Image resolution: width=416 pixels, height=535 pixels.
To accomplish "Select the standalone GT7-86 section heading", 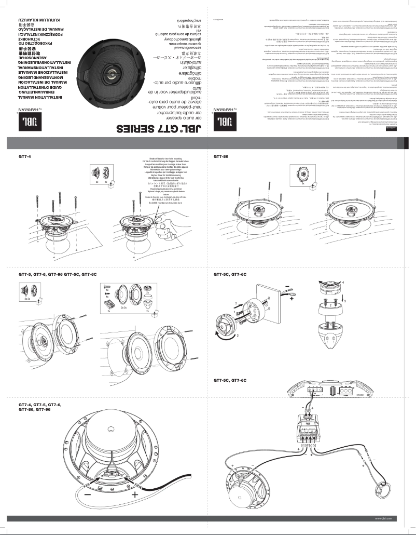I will (221, 156).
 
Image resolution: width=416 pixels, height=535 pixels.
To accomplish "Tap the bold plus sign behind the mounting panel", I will (291, 299).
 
